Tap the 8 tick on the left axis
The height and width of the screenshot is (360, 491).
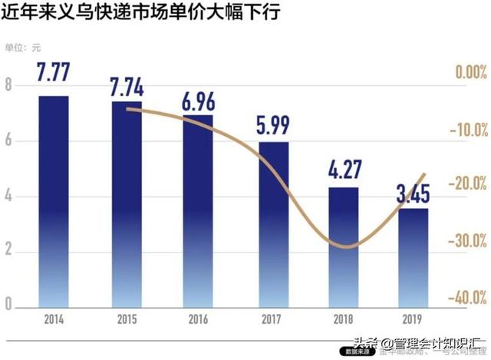[9, 84]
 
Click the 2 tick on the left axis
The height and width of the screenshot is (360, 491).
[9, 252]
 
